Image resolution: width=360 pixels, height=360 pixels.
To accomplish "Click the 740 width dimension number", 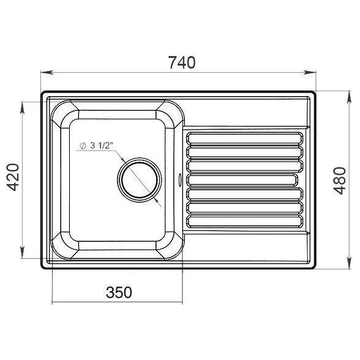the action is coord(182,62).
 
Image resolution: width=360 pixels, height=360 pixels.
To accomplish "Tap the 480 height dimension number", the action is coord(340,181).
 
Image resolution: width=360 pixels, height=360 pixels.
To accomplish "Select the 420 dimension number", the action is coord(13,178).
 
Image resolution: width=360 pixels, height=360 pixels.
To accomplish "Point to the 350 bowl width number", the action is coord(119,292).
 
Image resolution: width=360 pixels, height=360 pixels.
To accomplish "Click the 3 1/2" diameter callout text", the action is coord(97,146).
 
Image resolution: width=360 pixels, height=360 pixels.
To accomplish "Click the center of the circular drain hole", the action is coord(140,180).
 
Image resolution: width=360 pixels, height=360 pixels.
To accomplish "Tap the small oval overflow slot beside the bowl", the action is coord(180,179).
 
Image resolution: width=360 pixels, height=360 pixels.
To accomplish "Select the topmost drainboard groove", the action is coord(245,138).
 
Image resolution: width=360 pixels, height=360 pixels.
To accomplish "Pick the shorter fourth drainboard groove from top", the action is coord(242,180).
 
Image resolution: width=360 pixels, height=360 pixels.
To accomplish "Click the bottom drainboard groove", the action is coord(245,221).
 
